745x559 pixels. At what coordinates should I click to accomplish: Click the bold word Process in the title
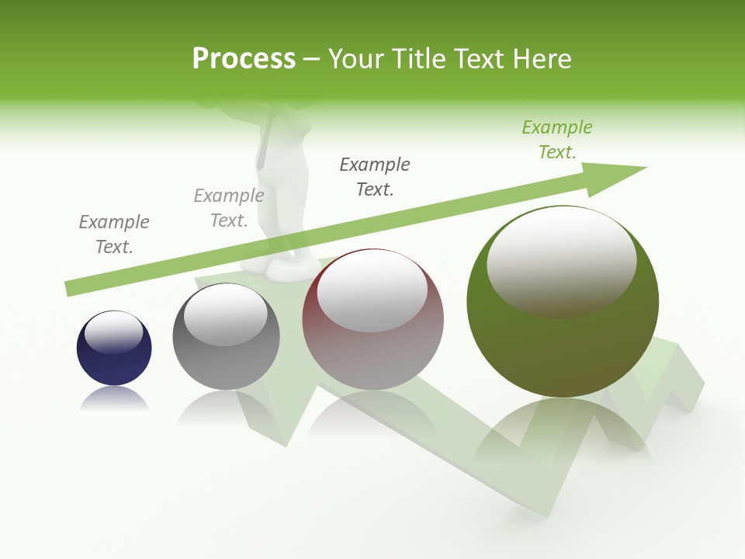[244, 59]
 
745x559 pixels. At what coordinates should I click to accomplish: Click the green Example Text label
[557, 140]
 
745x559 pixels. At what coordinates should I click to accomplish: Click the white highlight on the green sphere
[561, 260]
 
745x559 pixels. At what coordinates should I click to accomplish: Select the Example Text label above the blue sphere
[114, 234]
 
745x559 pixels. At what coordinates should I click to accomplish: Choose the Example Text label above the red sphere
[375, 177]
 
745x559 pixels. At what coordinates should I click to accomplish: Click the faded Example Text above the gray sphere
[229, 208]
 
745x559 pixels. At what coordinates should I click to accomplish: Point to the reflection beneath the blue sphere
[114, 398]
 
